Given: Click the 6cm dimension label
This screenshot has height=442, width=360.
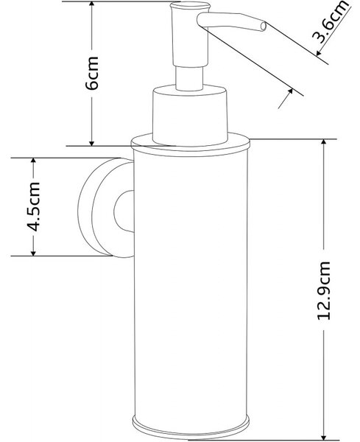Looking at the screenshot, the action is point(92,73).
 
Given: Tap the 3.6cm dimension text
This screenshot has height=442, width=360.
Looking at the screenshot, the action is point(329,21).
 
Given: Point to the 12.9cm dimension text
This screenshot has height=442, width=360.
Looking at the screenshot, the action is point(323,290).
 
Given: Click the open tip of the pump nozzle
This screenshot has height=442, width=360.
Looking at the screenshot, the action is point(264,27).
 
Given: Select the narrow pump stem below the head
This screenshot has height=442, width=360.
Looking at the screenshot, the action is point(190,78).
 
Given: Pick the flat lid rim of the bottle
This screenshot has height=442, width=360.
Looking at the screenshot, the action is point(190,144).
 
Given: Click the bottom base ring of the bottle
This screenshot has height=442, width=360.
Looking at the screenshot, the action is point(191,427).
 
